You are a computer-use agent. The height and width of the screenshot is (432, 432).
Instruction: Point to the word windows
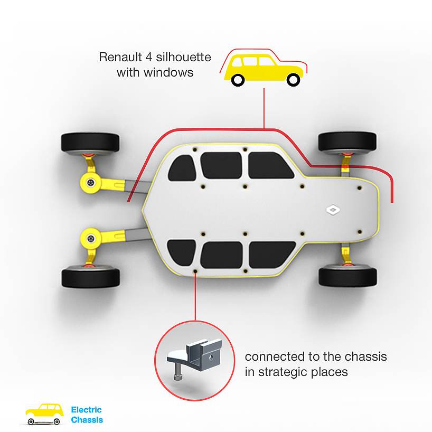(170, 72)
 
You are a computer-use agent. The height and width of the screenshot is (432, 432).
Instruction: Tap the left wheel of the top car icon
(238, 81)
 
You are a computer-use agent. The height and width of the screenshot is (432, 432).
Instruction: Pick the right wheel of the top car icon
(293, 81)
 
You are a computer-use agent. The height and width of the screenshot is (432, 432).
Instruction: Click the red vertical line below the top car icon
(264, 108)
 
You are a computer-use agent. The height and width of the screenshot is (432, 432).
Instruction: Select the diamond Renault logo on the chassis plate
(333, 210)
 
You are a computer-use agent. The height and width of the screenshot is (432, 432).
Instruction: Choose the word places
(331, 372)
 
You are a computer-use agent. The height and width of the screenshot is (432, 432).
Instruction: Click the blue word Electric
(87, 410)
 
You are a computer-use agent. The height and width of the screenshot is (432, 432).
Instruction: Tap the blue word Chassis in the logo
(87, 420)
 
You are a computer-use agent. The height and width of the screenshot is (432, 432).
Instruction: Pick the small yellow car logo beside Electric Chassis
(45, 413)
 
